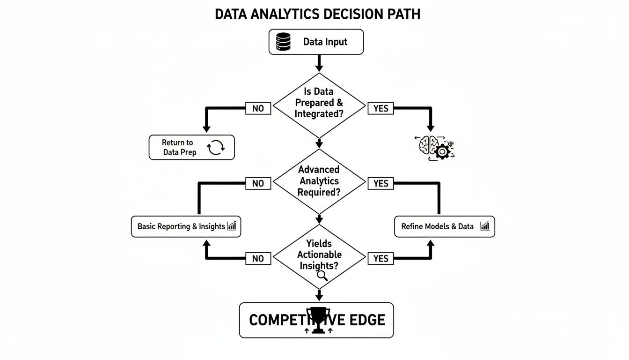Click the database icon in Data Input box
283,42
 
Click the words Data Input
325,42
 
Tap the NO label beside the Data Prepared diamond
258,108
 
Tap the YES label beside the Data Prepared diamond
380,108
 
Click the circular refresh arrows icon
216,147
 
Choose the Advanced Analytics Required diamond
319,180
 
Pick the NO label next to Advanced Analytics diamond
258,183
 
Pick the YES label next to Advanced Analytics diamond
380,183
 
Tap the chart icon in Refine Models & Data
485,226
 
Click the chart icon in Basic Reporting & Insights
232,226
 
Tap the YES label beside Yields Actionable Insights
380,258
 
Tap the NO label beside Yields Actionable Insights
258,258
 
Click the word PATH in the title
401,14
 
